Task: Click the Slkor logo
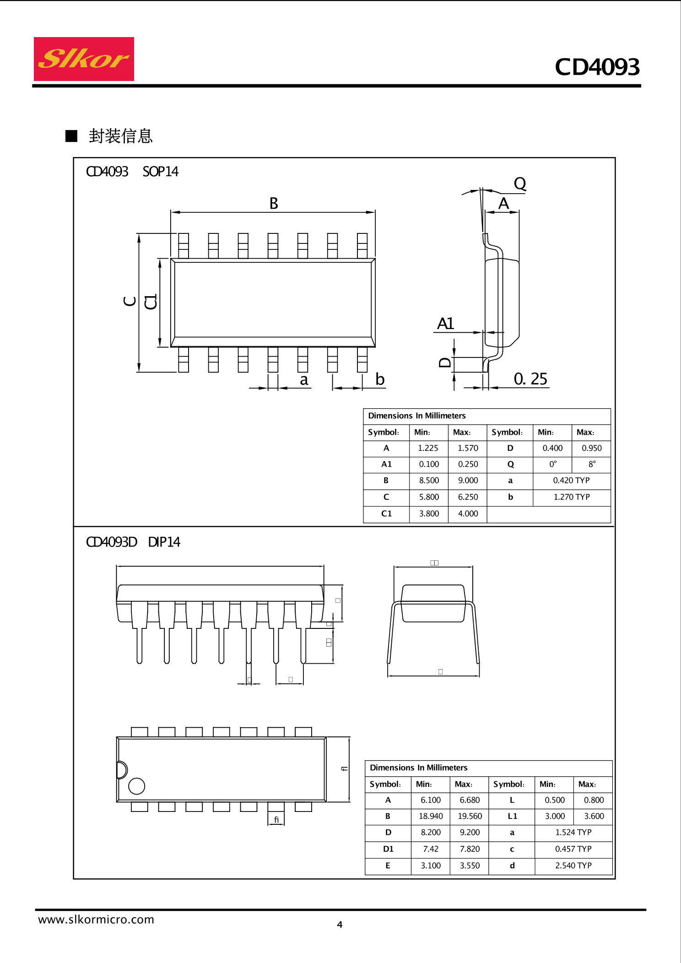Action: pyautogui.click(x=84, y=59)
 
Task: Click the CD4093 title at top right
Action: pyautogui.click(x=597, y=67)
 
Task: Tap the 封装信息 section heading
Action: pyautogui.click(x=120, y=136)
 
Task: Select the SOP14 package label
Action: pyautogui.click(x=160, y=172)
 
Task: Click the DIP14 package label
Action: pyautogui.click(x=164, y=542)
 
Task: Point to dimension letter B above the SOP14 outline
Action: pyautogui.click(x=274, y=204)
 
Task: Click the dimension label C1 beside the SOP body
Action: pyautogui.click(x=151, y=302)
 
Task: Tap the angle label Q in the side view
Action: pyautogui.click(x=520, y=184)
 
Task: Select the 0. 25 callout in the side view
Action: pyautogui.click(x=530, y=379)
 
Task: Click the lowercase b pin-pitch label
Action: pyautogui.click(x=380, y=379)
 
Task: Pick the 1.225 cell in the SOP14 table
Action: pyautogui.click(x=428, y=448)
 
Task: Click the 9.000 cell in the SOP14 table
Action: pyautogui.click(x=468, y=481)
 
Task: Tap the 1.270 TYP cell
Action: pyautogui.click(x=572, y=497)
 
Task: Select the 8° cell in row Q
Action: pyautogui.click(x=592, y=464)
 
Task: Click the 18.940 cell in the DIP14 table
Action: pyautogui.click(x=431, y=816)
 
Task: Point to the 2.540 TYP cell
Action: pyautogui.click(x=573, y=866)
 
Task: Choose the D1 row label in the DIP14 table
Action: pyautogui.click(x=388, y=849)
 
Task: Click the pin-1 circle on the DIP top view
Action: pyautogui.click(x=137, y=786)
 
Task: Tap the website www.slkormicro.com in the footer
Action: pyautogui.click(x=96, y=920)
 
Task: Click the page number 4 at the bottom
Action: pyautogui.click(x=340, y=925)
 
